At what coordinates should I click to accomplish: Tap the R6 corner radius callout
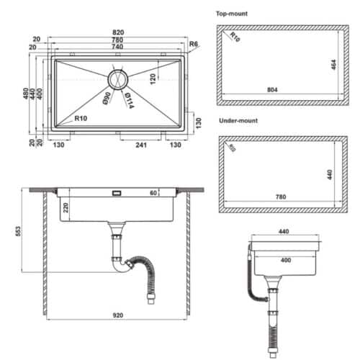pos(192,45)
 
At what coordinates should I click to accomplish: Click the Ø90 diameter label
pos(106,99)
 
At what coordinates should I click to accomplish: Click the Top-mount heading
pos(232,14)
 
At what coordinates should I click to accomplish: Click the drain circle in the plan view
pos(118,77)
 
